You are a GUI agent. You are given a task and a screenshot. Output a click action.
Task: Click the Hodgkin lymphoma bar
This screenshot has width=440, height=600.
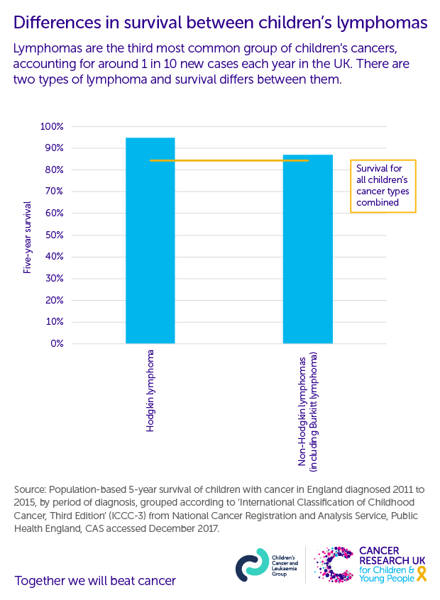(x=150, y=241)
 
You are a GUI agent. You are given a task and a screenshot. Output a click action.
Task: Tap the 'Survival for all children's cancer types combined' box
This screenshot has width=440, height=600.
(x=383, y=186)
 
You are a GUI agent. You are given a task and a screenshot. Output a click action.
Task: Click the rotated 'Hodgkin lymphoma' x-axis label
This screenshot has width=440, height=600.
(x=150, y=391)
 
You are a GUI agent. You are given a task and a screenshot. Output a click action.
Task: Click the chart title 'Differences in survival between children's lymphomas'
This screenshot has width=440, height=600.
(x=220, y=23)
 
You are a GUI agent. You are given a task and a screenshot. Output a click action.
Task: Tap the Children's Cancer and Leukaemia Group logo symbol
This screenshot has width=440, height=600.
(x=251, y=565)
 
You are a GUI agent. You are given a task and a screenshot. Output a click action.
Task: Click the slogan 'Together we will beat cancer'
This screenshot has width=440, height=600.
(x=95, y=581)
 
